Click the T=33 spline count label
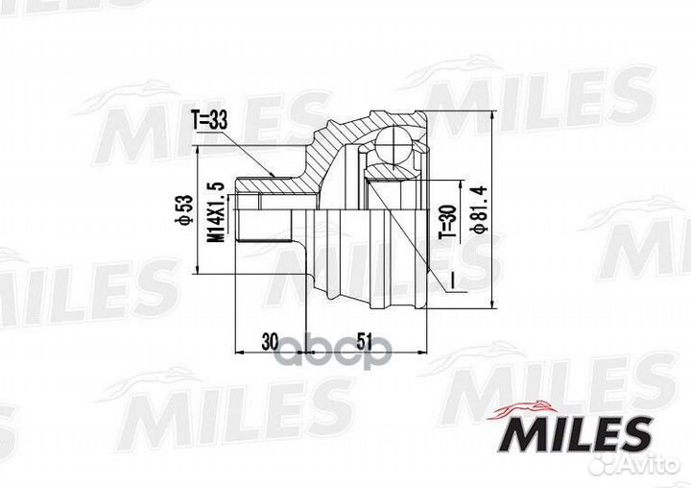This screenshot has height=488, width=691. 212,121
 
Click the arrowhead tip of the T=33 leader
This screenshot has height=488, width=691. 275,175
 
